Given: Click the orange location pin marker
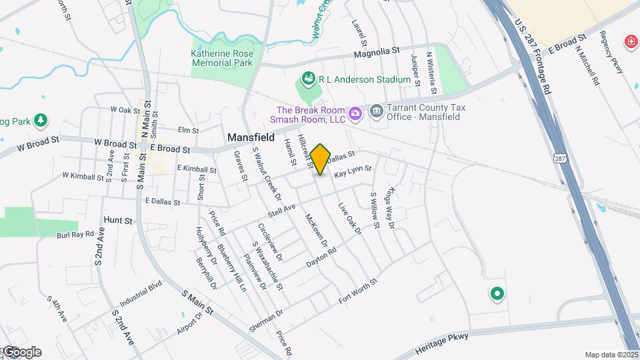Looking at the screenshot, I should click(x=320, y=159).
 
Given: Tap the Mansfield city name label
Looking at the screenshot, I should click(x=251, y=137).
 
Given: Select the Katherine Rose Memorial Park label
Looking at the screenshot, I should click(x=222, y=58).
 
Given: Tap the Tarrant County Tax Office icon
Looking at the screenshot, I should click(x=377, y=110).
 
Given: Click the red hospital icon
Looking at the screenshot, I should click(x=630, y=42).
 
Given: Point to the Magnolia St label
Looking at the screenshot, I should click(x=376, y=51).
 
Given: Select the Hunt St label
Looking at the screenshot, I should click(x=118, y=219).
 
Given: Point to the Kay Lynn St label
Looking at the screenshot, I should click(x=353, y=172).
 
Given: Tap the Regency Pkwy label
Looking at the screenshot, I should click(x=610, y=51).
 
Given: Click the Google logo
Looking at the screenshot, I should click(x=21, y=352).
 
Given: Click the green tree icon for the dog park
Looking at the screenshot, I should click(x=41, y=120).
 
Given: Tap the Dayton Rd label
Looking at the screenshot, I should click(x=322, y=258).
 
